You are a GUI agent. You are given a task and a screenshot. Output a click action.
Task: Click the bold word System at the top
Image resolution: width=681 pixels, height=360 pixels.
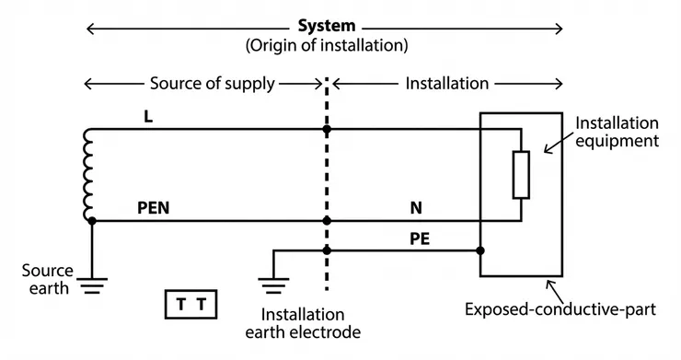(326, 26)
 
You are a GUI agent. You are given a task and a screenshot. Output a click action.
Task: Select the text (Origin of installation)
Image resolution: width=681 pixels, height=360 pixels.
(326, 45)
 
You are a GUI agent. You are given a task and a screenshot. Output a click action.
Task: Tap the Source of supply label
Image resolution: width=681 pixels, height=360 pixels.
(212, 84)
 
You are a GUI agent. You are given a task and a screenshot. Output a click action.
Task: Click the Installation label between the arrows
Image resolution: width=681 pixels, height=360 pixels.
(446, 84)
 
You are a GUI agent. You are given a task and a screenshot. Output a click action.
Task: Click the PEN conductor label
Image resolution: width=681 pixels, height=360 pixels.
(154, 208)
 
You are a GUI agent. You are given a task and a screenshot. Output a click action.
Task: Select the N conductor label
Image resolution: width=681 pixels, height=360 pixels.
(415, 208)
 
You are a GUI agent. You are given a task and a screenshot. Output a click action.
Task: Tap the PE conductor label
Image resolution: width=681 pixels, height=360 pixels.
(420, 238)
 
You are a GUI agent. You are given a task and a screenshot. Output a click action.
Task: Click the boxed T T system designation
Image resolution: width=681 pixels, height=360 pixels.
(191, 303)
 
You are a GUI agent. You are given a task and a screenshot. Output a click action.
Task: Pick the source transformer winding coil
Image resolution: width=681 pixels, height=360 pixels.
(89, 175)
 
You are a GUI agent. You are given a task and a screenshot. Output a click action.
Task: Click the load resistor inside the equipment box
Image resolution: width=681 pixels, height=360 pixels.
(521, 175)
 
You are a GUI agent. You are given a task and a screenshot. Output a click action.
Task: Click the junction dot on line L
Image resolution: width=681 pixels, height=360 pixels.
(327, 129)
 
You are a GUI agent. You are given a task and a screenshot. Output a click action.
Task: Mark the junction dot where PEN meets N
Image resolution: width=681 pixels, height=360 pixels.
(327, 221)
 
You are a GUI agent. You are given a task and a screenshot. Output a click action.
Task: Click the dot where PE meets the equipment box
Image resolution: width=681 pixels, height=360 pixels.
(480, 250)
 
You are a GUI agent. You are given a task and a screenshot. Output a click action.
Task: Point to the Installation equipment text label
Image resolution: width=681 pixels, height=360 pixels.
(617, 132)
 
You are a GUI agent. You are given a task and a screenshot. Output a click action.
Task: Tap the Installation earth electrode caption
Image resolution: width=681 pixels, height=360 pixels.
(303, 323)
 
